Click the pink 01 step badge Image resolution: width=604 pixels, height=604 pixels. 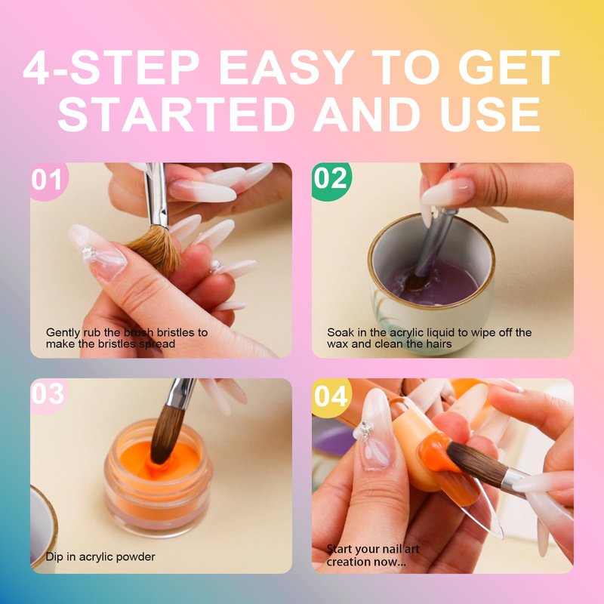47,180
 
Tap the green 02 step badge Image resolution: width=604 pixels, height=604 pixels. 331,180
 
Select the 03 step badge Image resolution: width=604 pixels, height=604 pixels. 48,395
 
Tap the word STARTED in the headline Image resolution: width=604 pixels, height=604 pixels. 176,115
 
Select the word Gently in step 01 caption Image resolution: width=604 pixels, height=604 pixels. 63,333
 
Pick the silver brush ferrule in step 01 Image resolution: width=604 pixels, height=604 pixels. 156,196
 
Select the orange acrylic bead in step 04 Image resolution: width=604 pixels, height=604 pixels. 436,452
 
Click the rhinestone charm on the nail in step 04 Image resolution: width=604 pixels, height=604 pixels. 363,430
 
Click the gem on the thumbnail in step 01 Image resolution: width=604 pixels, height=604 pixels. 89,253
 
